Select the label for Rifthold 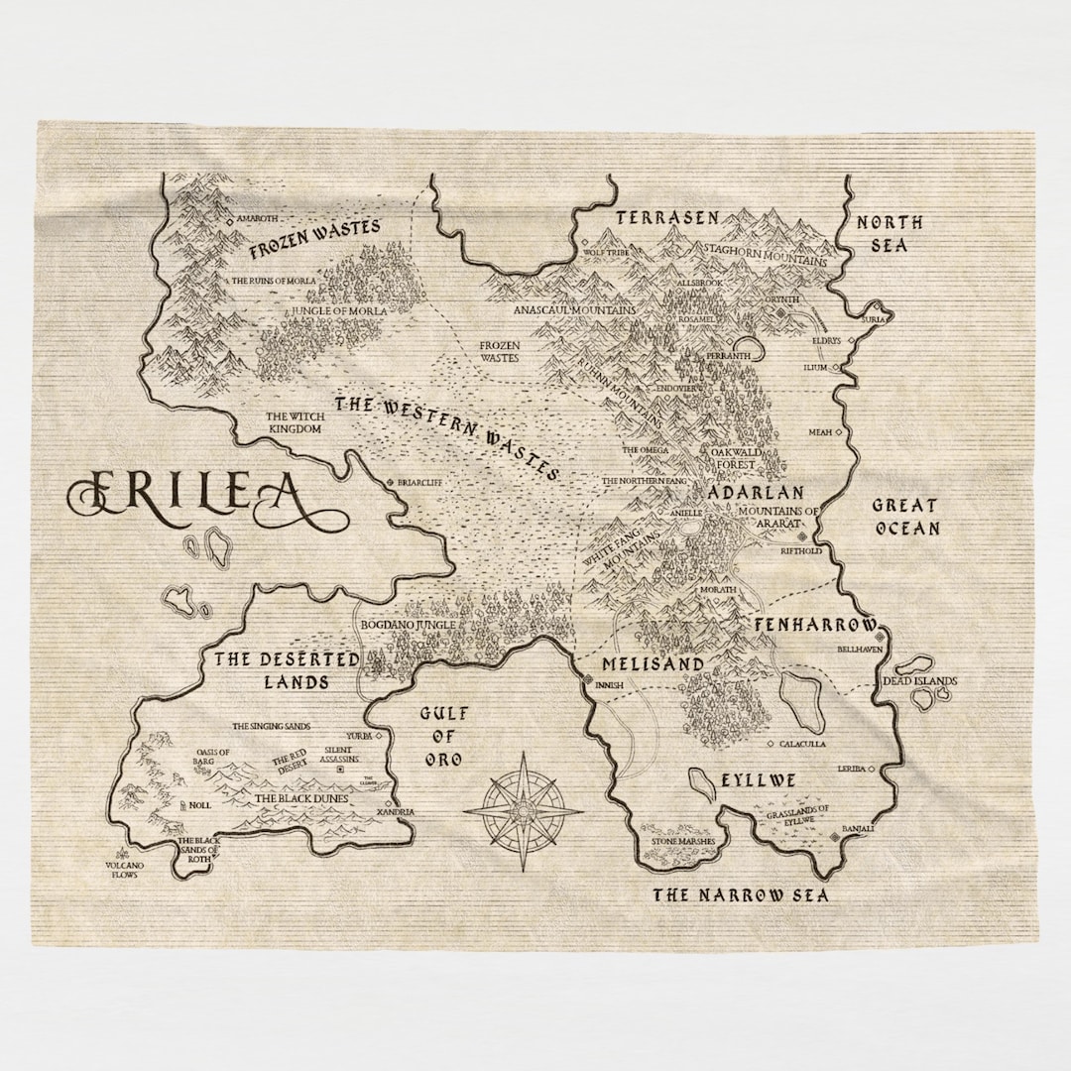[x=802, y=549]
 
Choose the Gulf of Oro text [x=443, y=737]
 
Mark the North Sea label [x=890, y=234]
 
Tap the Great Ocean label [x=904, y=517]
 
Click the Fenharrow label [x=815, y=626]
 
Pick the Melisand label [x=653, y=663]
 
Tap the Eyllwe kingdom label [x=759, y=780]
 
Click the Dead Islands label [x=920, y=681]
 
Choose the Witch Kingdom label [x=295, y=422]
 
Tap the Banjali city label [x=858, y=828]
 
